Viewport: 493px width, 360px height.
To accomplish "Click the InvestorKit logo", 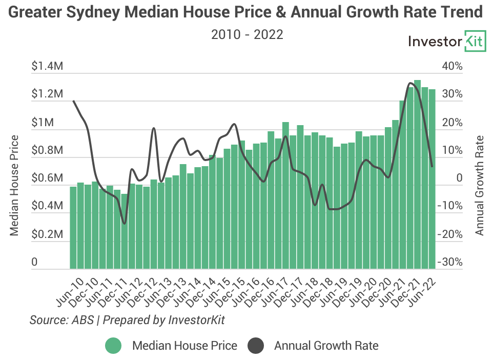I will (446, 42).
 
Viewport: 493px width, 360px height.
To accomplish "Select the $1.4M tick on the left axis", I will (48, 66).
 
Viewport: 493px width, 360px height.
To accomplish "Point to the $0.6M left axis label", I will (48, 178).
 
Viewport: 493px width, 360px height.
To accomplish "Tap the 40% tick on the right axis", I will (453, 66).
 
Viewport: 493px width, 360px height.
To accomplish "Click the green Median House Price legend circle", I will (113, 346).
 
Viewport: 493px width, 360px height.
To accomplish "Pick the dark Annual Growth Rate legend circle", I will (255, 346).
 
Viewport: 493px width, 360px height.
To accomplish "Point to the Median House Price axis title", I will (14, 185).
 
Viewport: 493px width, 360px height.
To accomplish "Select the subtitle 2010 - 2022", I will (246, 34).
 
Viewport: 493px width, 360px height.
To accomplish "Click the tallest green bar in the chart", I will (417, 174).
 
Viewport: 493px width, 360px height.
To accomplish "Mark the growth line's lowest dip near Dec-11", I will (124, 223).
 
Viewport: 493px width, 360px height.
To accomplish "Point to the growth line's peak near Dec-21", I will (410, 83).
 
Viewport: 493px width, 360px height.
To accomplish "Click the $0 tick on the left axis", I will (35, 262).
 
